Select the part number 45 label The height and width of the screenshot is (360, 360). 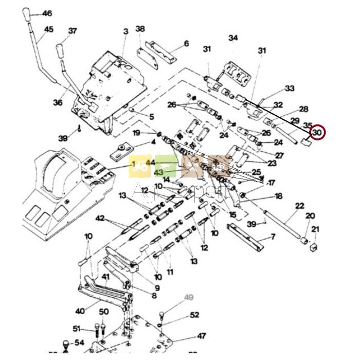[x=48, y=30]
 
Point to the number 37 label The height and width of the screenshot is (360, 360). [x=73, y=31]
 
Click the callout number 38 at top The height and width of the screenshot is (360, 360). [x=140, y=29]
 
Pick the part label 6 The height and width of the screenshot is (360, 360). [x=186, y=44]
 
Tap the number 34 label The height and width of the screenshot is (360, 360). [x=233, y=38]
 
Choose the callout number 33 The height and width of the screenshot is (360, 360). [x=290, y=88]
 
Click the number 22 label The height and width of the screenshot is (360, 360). [x=300, y=206]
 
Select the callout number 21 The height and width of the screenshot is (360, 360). [x=315, y=229]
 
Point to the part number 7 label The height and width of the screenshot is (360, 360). [x=273, y=237]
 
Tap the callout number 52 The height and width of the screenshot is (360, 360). [x=194, y=315]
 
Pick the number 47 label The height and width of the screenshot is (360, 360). [x=201, y=336]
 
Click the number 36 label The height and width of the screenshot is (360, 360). [x=58, y=103]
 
